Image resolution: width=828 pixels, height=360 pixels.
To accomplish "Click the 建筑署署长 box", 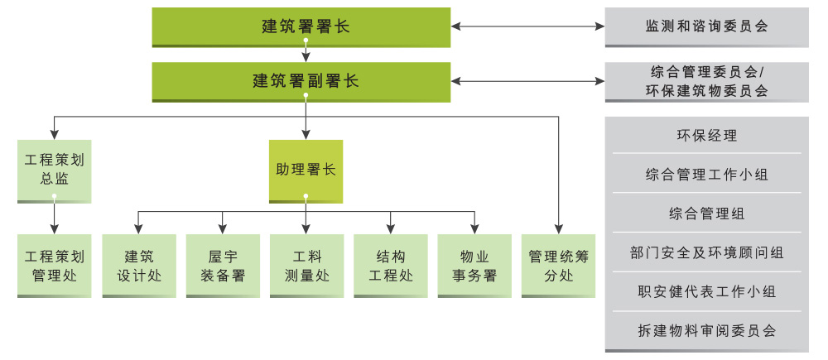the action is pos(301,27).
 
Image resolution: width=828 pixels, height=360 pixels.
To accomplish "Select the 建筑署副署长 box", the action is pos(301,82).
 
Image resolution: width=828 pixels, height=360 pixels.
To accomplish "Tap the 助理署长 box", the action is pos(306,171).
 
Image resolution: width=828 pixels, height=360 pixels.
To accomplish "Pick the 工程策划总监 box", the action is pos(55,171).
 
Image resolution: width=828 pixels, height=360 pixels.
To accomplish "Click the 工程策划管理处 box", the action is pos(55,266).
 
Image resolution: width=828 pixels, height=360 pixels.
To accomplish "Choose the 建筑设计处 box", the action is pos(139,266).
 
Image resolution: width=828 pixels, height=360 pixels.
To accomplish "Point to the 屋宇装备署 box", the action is pos(223,266).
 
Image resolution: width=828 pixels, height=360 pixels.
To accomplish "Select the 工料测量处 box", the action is pos(307,266).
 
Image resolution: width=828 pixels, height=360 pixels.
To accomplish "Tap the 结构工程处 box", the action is pos(391,266).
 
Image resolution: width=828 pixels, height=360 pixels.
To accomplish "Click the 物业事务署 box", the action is pos(474,266).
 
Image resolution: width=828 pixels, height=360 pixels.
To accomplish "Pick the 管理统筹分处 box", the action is pos(559,266).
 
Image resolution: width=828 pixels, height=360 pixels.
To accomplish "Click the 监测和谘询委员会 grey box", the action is pos(706,27).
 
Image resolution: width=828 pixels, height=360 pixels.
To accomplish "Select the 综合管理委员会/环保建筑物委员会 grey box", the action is pos(706,82).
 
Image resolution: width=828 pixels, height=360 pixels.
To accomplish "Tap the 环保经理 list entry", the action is pos(706,136).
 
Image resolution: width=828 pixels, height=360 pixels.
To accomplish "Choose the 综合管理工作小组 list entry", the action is pos(706,174).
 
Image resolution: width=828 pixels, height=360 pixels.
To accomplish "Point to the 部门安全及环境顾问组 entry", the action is pos(706,252).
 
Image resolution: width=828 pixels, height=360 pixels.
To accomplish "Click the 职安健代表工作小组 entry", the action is pos(706,291).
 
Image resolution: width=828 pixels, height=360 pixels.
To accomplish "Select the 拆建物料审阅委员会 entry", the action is pos(706,331).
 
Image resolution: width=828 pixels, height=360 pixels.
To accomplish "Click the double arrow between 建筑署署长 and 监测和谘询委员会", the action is pos(527,26).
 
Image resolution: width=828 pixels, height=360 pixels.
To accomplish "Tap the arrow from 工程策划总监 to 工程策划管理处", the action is pos(55,215).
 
